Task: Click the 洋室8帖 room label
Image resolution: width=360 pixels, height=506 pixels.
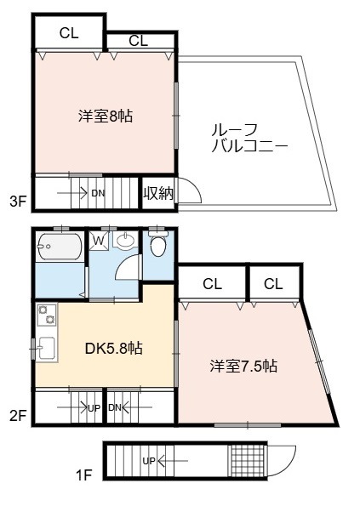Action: (106, 116)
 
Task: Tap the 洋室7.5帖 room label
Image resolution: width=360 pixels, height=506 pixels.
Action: (243, 367)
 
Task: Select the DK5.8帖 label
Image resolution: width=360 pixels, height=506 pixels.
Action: (114, 348)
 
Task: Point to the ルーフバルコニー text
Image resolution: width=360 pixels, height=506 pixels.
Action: (249, 138)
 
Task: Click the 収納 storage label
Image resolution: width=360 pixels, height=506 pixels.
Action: (158, 193)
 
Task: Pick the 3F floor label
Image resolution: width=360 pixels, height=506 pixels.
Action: (18, 202)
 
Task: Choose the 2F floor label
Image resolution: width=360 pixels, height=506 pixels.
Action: (18, 416)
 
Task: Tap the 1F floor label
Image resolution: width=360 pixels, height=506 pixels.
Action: (84, 475)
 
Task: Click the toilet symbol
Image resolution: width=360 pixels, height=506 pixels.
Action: (158, 244)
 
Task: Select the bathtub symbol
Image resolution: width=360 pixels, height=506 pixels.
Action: (59, 247)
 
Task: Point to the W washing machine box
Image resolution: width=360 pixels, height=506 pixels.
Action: (100, 241)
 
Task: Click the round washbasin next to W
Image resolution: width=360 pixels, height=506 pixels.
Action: (126, 241)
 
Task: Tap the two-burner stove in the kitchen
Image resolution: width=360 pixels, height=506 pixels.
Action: (47, 316)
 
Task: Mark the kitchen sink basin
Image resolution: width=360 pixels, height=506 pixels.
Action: (47, 348)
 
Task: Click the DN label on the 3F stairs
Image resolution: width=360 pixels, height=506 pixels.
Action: (98, 193)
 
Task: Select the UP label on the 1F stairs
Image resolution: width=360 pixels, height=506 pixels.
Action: (149, 461)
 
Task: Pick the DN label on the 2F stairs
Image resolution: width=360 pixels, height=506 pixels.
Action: (115, 407)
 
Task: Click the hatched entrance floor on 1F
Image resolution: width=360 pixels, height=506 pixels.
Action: (248, 460)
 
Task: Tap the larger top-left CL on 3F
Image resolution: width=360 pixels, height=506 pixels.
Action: (69, 33)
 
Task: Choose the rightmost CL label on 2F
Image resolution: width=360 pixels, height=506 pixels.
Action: (273, 284)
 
